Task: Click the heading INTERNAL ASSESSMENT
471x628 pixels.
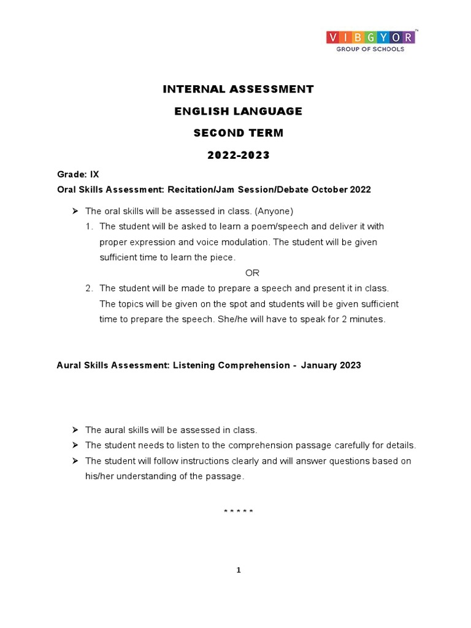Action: point(238,90)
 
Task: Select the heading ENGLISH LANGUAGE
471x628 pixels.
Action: point(238,112)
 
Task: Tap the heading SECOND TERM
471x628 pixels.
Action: point(238,133)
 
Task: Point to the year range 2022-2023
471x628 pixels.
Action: point(238,155)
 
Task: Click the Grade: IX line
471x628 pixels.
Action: point(73,175)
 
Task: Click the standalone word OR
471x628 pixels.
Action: point(253,273)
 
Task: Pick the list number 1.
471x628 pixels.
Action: point(89,227)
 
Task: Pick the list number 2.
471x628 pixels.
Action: point(89,288)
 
